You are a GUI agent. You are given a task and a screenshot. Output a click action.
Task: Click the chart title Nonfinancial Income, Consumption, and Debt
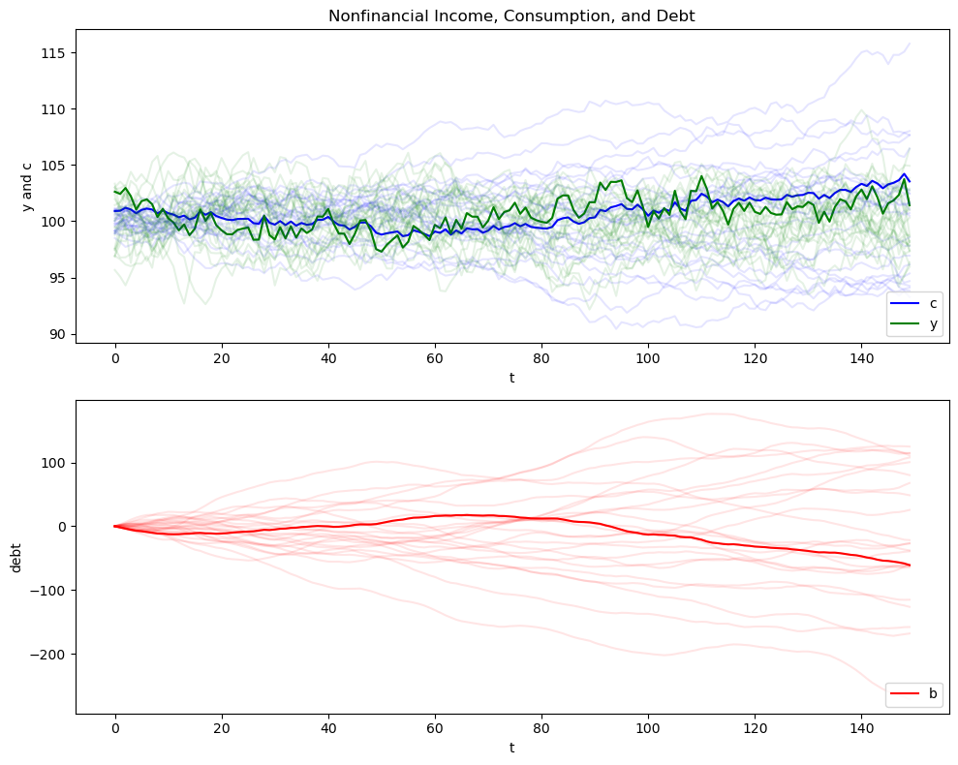tap(511, 15)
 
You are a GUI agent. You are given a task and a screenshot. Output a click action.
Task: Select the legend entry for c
tap(933, 303)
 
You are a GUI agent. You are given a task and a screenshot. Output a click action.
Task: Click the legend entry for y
tap(933, 324)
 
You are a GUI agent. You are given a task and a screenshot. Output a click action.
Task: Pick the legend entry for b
tap(933, 693)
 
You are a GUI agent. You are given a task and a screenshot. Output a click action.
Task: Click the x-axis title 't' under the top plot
tap(511, 378)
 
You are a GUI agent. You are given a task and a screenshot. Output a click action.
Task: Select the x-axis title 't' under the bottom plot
tap(511, 749)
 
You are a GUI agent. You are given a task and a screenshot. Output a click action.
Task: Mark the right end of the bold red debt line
tap(910, 565)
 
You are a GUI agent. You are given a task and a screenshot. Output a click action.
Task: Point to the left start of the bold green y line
tap(115, 191)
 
